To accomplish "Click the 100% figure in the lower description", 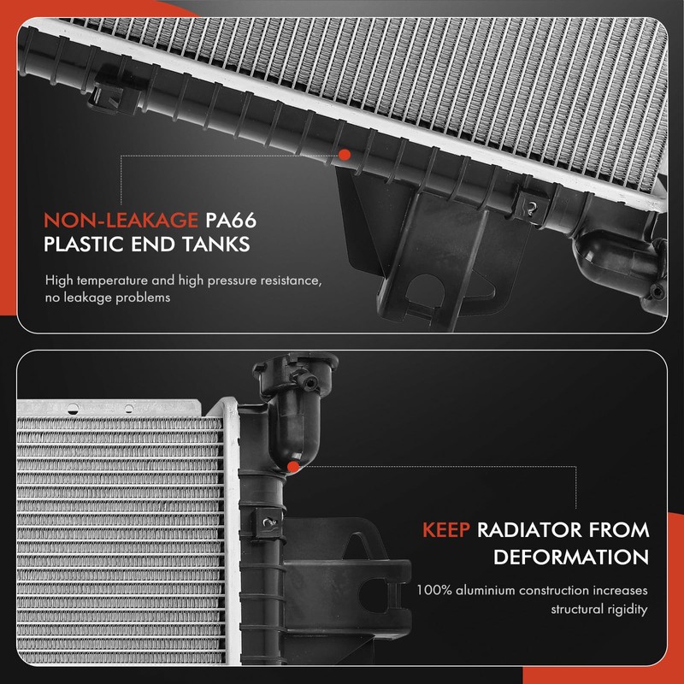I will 433,590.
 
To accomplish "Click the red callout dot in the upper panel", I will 344,155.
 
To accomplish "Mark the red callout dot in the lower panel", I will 293,467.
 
